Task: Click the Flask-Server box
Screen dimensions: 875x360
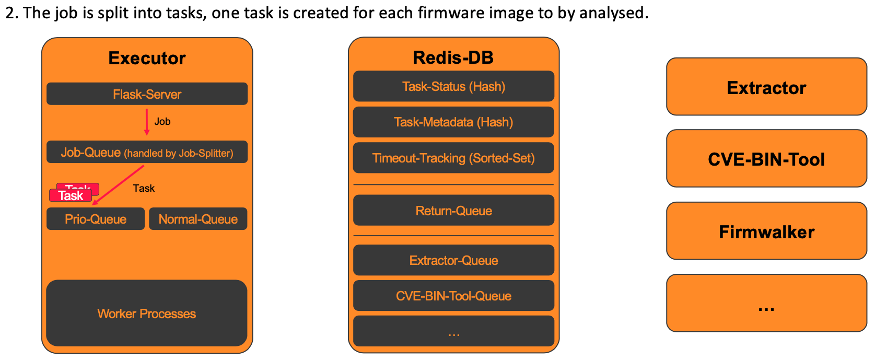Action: [147, 94]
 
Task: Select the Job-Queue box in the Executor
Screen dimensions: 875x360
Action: [147, 152]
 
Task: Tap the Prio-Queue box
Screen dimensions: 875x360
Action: [95, 219]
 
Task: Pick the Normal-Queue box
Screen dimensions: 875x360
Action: [198, 219]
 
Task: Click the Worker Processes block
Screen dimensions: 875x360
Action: [146, 313]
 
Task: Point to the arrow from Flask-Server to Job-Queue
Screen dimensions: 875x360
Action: [147, 122]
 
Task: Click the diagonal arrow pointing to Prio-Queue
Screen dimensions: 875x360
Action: [118, 185]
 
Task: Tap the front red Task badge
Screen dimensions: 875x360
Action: [71, 195]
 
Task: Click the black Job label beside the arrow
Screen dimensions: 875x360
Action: [162, 122]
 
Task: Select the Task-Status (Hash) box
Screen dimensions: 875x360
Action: [453, 86]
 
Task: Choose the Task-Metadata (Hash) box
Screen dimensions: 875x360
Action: [453, 122]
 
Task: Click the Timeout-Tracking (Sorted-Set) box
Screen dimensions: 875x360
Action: [453, 158]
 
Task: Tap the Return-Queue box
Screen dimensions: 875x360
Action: [453, 210]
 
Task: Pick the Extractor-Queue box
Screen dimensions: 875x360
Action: [453, 260]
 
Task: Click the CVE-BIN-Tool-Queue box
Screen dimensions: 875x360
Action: [453, 296]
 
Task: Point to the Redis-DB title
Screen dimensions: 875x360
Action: [453, 57]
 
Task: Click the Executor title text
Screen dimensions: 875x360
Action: [147, 58]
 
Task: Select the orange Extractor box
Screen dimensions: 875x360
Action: [766, 87]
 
